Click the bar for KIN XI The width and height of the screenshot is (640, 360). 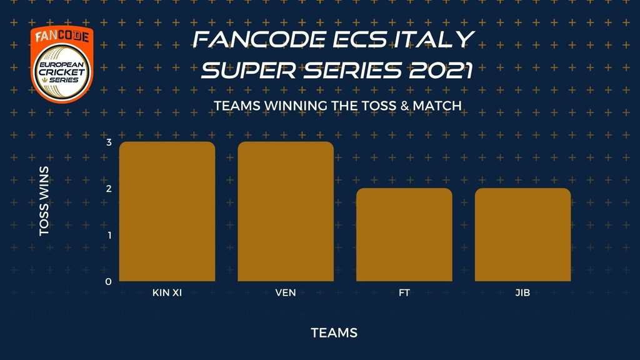click(167, 211)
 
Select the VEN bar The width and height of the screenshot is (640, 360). click(286, 211)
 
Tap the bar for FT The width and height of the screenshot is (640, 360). click(404, 235)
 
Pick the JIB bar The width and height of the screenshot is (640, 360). click(523, 235)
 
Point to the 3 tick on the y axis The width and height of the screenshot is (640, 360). click(109, 142)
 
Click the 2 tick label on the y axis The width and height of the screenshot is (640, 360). click(109, 189)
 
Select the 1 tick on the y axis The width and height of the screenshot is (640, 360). click(109, 235)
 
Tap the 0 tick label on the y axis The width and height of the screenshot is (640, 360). click(108, 282)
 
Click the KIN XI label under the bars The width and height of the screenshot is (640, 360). click(167, 292)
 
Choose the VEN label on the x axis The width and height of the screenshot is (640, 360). click(286, 292)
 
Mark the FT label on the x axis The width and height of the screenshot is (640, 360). click(404, 292)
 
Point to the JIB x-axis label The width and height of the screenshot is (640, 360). click(523, 292)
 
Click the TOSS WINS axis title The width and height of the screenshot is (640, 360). click(44, 201)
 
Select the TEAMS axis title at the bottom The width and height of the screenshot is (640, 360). click(334, 332)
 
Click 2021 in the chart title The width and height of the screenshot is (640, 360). click(441, 70)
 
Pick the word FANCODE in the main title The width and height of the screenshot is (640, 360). click(259, 39)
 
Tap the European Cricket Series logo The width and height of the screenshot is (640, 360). click(62, 64)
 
